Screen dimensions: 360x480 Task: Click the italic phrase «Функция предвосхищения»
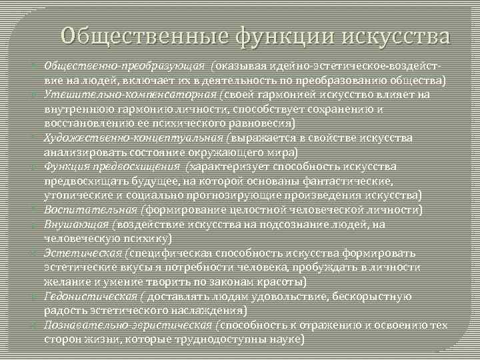pos(112,166)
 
